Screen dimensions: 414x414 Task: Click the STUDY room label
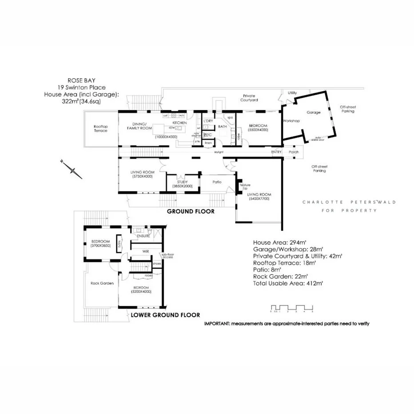[182, 182]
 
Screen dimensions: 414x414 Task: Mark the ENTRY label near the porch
[277, 152]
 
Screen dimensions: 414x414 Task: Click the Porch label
[294, 152]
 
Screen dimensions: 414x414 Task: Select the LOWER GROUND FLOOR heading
[162, 314]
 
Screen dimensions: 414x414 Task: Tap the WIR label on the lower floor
[145, 251]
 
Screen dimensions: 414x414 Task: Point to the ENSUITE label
[144, 236]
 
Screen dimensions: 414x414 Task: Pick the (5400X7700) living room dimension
[259, 199]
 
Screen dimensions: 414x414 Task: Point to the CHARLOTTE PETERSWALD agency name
[349, 202]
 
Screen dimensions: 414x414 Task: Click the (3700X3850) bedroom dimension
[100, 245]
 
